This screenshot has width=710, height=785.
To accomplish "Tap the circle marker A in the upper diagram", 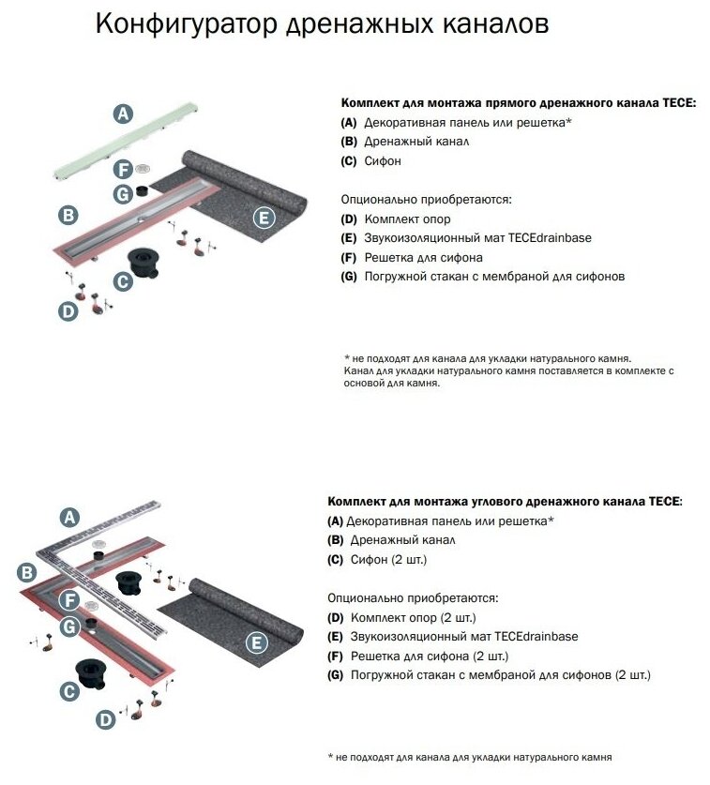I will [x=122, y=114].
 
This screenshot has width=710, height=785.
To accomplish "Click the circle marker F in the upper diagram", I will [x=122, y=170].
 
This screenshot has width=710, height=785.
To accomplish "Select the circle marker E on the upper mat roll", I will [x=264, y=219].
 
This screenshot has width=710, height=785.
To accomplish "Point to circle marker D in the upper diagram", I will [x=68, y=311].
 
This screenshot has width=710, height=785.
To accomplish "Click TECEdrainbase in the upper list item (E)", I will [x=550, y=237].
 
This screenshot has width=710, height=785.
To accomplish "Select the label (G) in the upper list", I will [x=349, y=277].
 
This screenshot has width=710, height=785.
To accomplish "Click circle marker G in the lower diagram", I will [x=68, y=626].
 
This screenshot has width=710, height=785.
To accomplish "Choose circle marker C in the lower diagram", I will [x=68, y=691].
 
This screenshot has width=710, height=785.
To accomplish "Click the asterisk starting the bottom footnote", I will [x=331, y=756].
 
